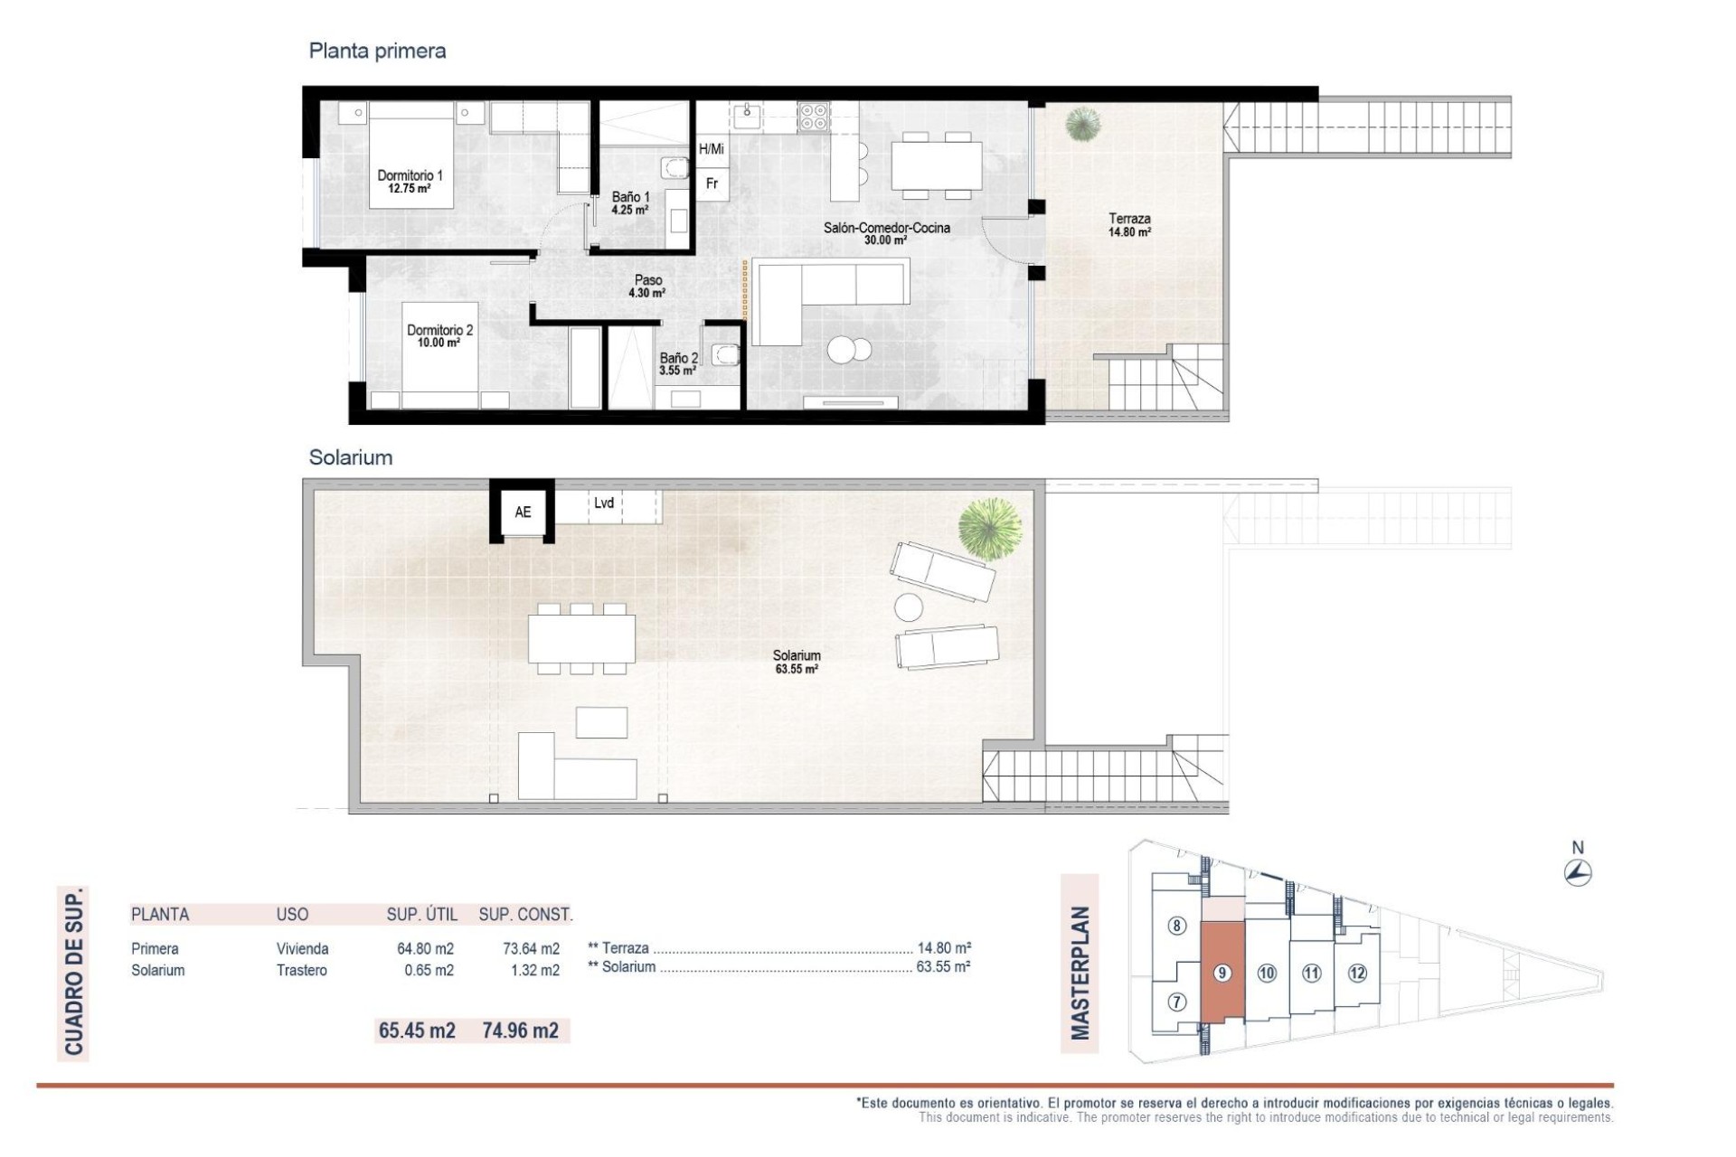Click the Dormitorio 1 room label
tap(410, 182)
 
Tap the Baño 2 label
tap(678, 363)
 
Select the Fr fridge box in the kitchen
tap(712, 183)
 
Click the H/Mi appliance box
tap(712, 149)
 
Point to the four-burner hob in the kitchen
tap(813, 117)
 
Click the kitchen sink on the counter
tap(748, 112)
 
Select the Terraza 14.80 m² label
tap(1129, 225)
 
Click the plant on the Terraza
tap(1082, 124)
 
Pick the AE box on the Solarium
tap(523, 512)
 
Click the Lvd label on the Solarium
tap(604, 503)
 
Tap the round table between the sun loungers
tap(909, 607)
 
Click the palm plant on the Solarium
tap(990, 528)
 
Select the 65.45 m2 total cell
tap(417, 1030)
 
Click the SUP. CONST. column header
tap(525, 915)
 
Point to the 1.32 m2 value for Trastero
tap(531, 971)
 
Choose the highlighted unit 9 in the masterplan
tap(1222, 973)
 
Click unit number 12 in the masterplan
tap(1357, 974)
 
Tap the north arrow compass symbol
tap(1578, 873)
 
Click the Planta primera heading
tap(377, 51)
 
